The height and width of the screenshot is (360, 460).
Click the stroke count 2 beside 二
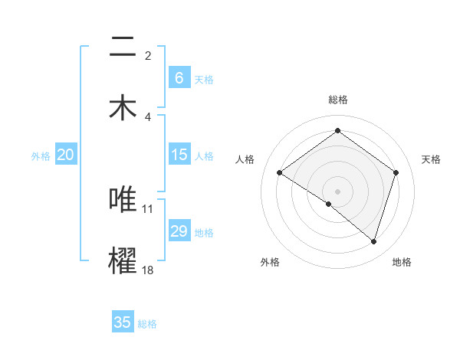148,55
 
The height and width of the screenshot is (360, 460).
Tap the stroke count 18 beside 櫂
148,270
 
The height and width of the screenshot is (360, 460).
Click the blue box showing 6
179,77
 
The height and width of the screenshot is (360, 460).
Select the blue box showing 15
179,155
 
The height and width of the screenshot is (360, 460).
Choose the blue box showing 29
179,231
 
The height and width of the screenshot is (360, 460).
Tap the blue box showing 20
66,155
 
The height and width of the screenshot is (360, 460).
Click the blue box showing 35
123,322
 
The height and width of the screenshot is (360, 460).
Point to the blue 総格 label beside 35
147,324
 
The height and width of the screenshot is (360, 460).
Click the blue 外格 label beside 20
41,156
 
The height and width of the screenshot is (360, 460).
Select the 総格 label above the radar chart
337,100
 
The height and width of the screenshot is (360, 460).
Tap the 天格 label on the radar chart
431,159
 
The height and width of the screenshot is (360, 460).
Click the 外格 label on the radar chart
270,262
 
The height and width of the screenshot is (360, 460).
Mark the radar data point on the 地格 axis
373,241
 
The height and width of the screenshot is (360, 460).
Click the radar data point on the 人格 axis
280,173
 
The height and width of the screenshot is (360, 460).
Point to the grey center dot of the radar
337,191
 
